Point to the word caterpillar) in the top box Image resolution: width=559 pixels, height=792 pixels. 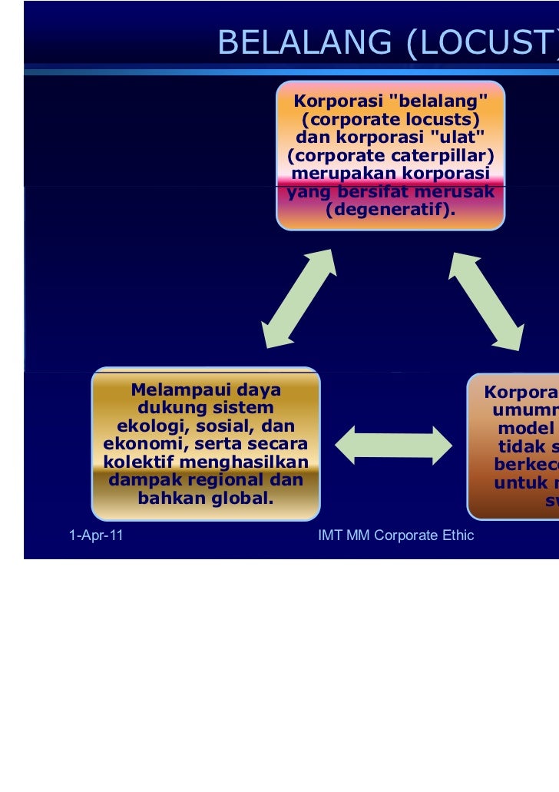tap(446, 157)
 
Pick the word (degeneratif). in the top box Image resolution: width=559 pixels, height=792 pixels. tap(390, 210)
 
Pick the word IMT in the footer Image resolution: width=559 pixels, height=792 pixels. tap(329, 535)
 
